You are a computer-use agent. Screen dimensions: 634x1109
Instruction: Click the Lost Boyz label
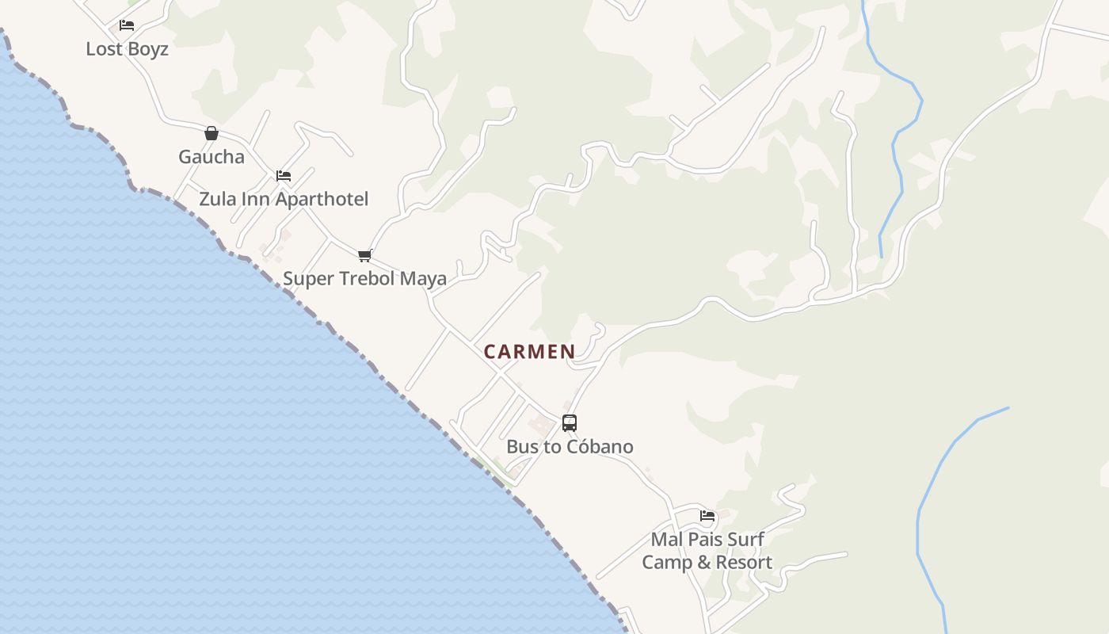[127, 49]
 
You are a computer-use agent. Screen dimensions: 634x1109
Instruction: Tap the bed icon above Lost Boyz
[127, 25]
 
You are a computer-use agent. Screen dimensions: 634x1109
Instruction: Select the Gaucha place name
[212, 157]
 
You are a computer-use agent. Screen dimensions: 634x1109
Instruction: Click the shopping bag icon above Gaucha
[212, 133]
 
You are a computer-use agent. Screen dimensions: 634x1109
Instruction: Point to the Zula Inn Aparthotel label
[284, 199]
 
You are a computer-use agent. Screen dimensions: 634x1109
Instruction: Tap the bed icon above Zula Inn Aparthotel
[284, 175]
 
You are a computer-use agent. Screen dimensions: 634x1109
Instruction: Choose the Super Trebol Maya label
[364, 279]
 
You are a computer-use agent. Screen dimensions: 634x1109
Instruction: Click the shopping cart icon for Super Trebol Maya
[364, 255]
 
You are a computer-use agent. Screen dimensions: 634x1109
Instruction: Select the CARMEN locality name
[529, 352]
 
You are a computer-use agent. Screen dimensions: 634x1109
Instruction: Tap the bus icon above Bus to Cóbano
[570, 423]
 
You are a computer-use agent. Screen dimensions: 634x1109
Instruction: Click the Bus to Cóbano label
[570, 447]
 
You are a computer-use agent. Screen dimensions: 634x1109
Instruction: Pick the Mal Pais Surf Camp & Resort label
[707, 551]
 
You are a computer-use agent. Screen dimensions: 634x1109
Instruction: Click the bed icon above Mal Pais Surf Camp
[707, 516]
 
